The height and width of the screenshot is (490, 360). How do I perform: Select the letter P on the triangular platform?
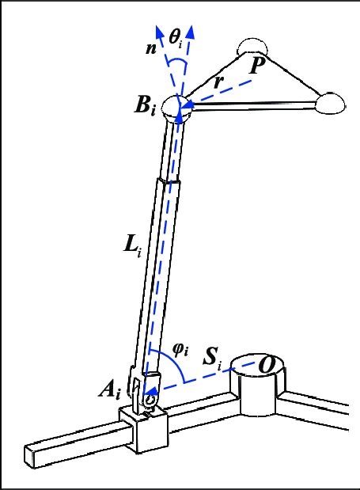click(x=255, y=66)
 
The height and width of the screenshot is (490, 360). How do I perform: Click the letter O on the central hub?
click(x=268, y=365)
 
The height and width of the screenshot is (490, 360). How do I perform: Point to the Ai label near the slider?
click(x=111, y=389)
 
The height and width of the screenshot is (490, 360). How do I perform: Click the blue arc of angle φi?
click(x=182, y=366)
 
